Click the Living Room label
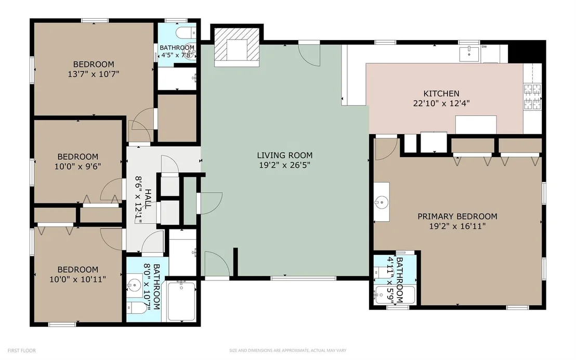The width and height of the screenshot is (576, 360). tap(285, 155)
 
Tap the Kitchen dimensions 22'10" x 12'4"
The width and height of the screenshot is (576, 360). tap(441, 104)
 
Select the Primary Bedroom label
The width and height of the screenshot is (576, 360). tap(457, 216)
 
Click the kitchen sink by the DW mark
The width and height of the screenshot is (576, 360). tap(469, 54)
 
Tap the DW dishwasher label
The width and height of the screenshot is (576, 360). tap(484, 47)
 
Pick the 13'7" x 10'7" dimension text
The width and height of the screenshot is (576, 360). tap(93, 74)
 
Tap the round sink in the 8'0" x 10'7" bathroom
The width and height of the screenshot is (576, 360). tap(135, 285)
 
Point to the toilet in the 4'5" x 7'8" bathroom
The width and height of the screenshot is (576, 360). tap(186, 33)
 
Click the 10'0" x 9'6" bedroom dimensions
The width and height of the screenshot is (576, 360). tap(77, 166)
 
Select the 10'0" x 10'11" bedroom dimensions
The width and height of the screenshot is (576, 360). tap(77, 279)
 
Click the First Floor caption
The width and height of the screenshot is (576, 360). tap(22, 351)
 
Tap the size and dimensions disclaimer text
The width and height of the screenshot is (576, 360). tap(287, 351)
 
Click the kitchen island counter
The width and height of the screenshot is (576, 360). tap(476, 125)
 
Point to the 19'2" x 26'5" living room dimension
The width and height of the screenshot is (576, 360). tap(285, 165)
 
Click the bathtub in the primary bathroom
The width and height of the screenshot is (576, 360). tap(395, 295)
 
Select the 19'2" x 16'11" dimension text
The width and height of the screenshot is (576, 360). tap(457, 226)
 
